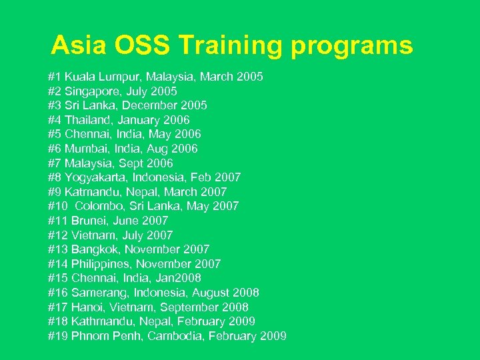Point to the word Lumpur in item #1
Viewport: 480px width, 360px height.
(x=112, y=77)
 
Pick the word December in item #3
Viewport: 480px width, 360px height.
(x=157, y=105)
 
